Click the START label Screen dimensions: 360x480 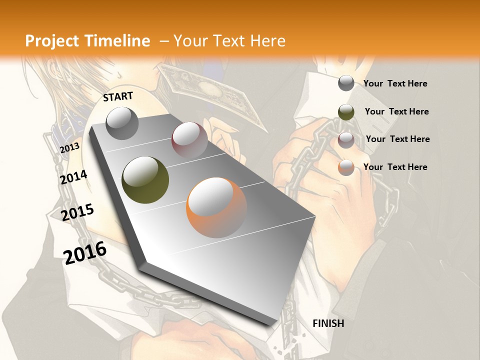pos(118,96)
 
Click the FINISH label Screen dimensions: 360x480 pos(328,323)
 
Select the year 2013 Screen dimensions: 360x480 pos(69,148)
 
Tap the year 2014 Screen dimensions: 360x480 pos(73,177)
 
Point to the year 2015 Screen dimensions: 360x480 pos(77,212)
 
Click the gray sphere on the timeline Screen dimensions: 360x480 pos(122,123)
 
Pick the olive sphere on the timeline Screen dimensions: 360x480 pos(145,180)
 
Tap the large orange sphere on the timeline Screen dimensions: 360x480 pos(216,207)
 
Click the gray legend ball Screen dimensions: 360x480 pos(346,83)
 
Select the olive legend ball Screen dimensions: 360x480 pos(346,111)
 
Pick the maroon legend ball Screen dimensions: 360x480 pos(346,139)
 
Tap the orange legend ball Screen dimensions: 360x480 pos(346,167)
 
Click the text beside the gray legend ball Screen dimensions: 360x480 pos(395,83)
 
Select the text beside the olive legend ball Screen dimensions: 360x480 pos(396,111)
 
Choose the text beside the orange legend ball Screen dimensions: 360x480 pos(395,167)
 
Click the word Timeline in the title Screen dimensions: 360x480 pos(118,41)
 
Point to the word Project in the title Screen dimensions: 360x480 pos(51,41)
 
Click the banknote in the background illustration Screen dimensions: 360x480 pos(210,90)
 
